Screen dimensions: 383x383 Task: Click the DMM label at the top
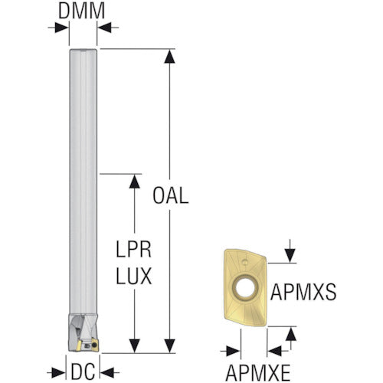(81, 11)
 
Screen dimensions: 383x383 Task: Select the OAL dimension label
(171, 195)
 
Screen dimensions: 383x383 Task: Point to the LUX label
(134, 276)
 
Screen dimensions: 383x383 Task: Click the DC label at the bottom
(83, 372)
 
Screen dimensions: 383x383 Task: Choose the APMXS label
(303, 292)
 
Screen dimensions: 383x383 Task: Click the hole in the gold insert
(245, 288)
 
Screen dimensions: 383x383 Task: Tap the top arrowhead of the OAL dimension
(169, 57)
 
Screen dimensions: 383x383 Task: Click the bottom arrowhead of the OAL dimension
(169, 345)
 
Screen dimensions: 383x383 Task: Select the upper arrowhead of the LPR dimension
(134, 182)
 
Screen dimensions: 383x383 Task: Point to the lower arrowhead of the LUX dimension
(134, 345)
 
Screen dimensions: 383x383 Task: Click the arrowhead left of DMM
(62, 28)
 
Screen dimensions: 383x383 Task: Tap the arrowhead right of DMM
(104, 28)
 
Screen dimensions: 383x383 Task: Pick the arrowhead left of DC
(58, 373)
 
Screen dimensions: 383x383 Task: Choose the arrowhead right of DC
(107, 373)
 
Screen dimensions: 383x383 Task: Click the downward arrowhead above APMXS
(290, 256)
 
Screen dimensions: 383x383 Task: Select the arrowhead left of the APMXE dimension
(234, 352)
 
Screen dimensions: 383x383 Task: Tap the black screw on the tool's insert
(94, 345)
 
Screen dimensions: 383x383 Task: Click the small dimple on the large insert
(244, 261)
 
